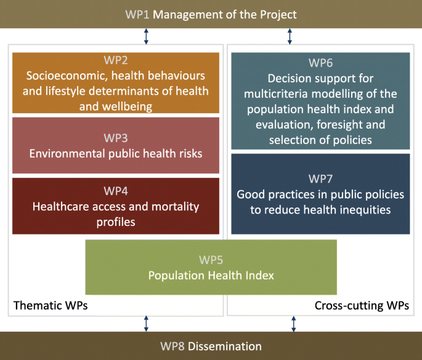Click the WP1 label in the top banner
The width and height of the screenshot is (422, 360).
[x=137, y=15]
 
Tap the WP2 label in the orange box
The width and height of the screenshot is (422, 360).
[x=116, y=60]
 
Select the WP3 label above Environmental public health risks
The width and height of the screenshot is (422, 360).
[x=116, y=138]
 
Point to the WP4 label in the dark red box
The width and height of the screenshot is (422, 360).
[x=116, y=191]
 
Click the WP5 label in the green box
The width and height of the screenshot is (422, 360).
[x=211, y=260]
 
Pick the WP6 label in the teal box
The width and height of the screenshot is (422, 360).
[x=320, y=63]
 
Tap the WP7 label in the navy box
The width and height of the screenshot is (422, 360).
[x=320, y=179]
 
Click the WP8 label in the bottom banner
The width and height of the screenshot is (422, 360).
[x=172, y=346]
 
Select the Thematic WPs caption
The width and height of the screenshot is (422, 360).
[x=51, y=306]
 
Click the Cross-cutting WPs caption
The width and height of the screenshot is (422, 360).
[x=362, y=306]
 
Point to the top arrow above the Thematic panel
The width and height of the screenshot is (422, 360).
[x=146, y=36]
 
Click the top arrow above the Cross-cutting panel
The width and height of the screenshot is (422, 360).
[x=290, y=36]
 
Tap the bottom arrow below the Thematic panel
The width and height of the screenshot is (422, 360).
[x=146, y=324]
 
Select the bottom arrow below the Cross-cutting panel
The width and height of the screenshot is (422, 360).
[x=294, y=324]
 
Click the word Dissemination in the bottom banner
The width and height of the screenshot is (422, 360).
[x=225, y=346]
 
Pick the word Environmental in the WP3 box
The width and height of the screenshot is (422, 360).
[x=67, y=154]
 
